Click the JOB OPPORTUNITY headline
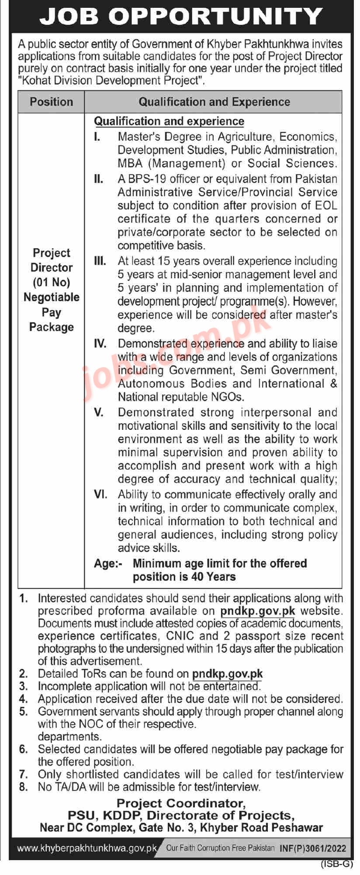pos(180,17)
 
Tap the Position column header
pos(51,102)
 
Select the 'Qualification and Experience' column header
pos(214,102)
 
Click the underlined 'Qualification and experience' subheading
pos(169,121)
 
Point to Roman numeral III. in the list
pos(100,261)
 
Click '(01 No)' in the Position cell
pos(51,282)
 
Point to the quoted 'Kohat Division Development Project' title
pos(111,80)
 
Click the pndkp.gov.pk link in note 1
pos(258,611)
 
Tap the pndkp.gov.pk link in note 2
pos(227,674)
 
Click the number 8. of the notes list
pos(24,787)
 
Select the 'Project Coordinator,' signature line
pos(181,803)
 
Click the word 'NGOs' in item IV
pos(227,397)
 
